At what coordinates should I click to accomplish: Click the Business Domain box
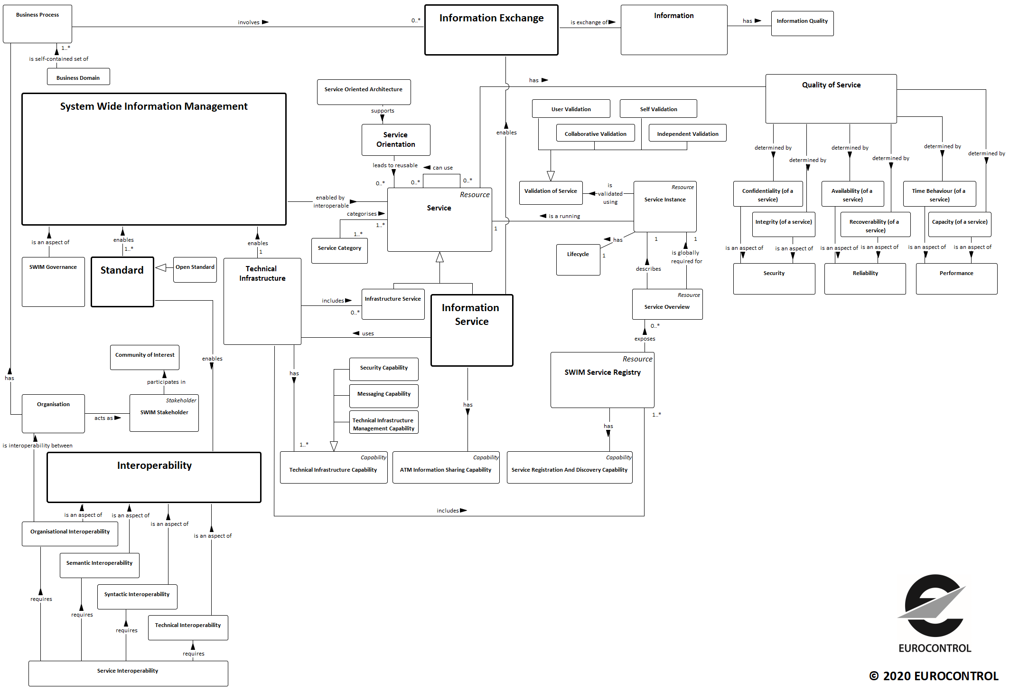78,77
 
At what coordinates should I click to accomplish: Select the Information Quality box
802,24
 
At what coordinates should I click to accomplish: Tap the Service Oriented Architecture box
364,92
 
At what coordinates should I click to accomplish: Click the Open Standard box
195,270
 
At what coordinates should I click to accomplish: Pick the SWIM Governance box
53,282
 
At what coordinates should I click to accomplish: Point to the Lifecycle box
578,260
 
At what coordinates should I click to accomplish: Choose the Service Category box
339,251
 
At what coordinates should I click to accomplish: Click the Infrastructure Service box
393,304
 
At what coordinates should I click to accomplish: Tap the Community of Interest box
145,357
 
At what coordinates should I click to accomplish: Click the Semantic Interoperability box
100,565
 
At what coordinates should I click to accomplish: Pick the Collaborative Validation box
595,133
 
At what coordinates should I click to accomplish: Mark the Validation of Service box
551,193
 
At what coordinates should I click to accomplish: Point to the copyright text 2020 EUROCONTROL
934,676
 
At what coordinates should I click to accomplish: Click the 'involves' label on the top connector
249,22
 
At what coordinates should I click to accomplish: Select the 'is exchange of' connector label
589,22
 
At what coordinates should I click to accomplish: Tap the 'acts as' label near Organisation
103,418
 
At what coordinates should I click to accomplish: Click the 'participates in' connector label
166,382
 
